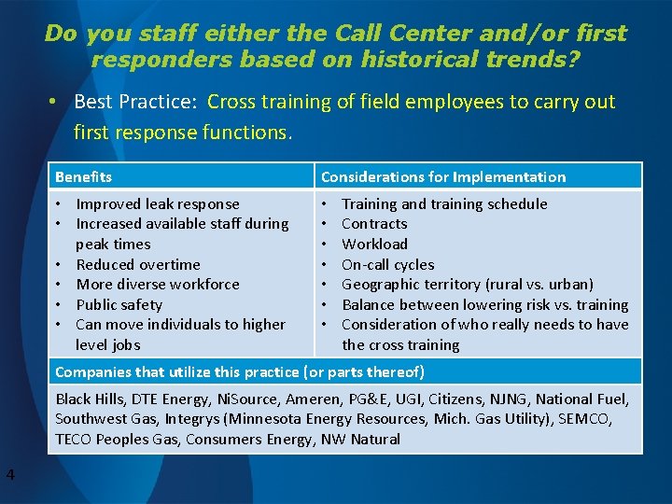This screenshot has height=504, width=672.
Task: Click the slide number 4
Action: (x=9, y=476)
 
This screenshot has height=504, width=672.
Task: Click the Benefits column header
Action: (x=83, y=176)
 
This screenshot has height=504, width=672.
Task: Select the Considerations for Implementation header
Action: (x=443, y=176)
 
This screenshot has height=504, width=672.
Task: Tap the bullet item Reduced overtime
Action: (x=138, y=264)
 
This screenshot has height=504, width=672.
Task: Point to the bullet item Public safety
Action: (x=119, y=304)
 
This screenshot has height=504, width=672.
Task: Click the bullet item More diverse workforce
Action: (x=157, y=284)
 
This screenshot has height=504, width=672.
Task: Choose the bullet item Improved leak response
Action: (x=157, y=203)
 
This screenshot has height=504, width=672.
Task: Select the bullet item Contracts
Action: (x=374, y=224)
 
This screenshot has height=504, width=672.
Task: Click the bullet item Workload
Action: (x=374, y=244)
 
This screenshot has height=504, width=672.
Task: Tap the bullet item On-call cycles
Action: (x=387, y=264)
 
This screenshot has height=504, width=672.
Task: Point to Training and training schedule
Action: (x=444, y=203)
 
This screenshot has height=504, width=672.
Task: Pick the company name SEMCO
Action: (x=583, y=419)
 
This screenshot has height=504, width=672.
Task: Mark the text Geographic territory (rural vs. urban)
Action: (x=467, y=284)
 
